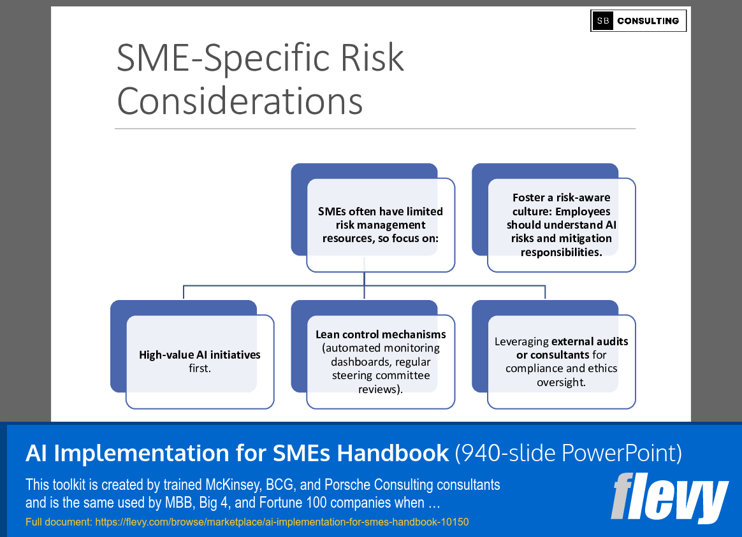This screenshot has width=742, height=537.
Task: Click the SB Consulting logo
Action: coord(638,21)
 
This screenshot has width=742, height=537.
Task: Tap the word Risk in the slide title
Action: coord(370,58)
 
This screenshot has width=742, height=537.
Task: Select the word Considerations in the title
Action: coord(240,100)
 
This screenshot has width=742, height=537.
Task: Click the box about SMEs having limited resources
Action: coord(381,225)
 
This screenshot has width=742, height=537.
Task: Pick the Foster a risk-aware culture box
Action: coord(561,225)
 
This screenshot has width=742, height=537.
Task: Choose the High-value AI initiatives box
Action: coord(200,361)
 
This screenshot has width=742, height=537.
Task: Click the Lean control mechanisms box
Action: coord(381,361)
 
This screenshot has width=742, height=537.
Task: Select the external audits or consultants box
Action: coord(561,361)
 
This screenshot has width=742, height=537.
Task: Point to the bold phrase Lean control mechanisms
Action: coord(381,334)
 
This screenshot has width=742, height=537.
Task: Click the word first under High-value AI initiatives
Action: coord(200,368)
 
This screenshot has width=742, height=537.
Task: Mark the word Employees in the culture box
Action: coord(581,211)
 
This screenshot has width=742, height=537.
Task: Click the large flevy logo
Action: coord(669,498)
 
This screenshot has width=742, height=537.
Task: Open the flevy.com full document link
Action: coord(281,522)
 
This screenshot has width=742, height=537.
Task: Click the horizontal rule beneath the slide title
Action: coord(375,129)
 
